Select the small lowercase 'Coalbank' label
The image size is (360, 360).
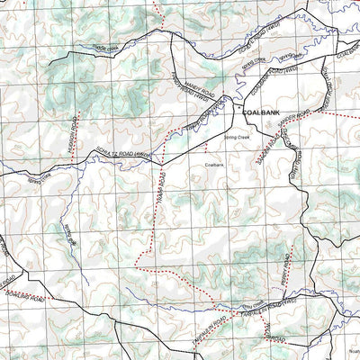point(214,166)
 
